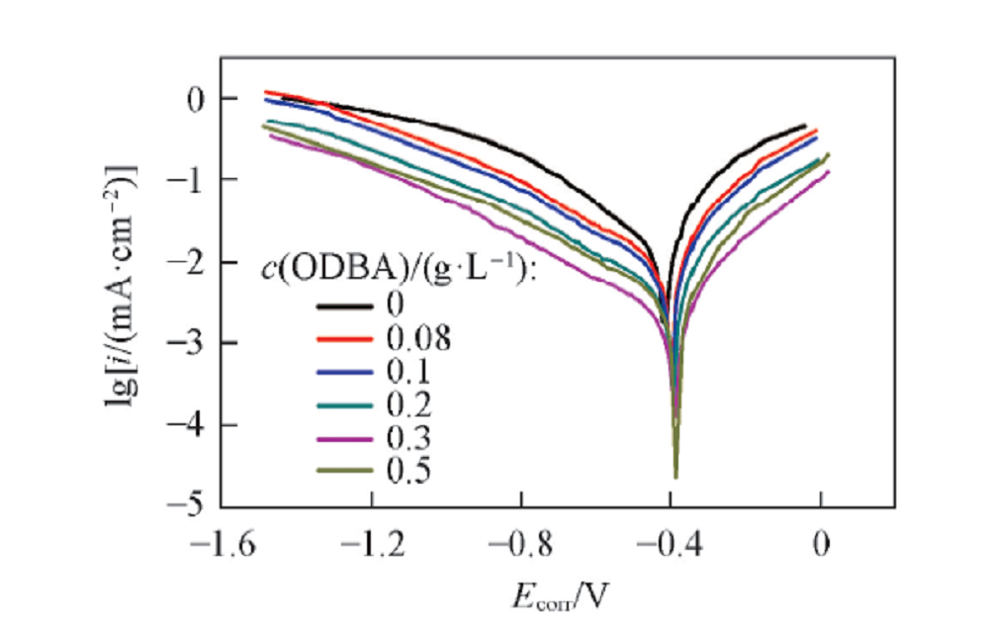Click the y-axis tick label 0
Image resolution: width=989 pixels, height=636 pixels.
(x=198, y=98)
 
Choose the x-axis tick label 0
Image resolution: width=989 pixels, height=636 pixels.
(x=820, y=544)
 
